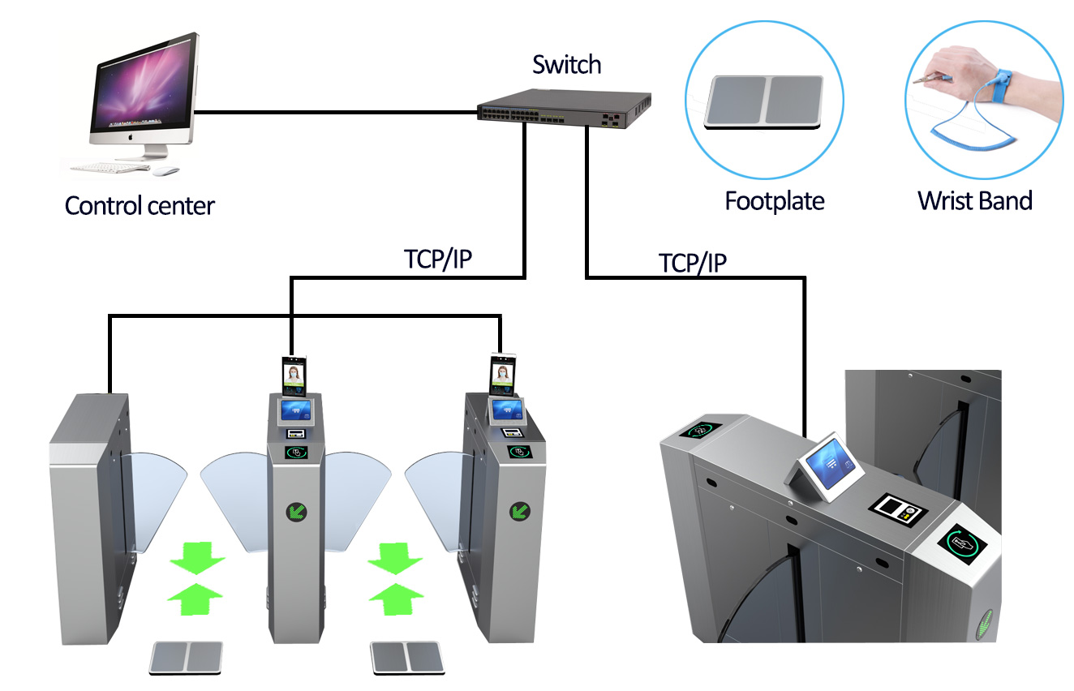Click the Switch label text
566,64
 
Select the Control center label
140,205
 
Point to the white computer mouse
166,171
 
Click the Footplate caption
775,200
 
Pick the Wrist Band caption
974,200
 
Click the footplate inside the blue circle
764,101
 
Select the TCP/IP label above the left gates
439,259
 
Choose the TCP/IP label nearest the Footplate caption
692,263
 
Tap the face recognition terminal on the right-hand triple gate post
502,376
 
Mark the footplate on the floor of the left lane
187,657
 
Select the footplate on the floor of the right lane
406,657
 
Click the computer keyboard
110,169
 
